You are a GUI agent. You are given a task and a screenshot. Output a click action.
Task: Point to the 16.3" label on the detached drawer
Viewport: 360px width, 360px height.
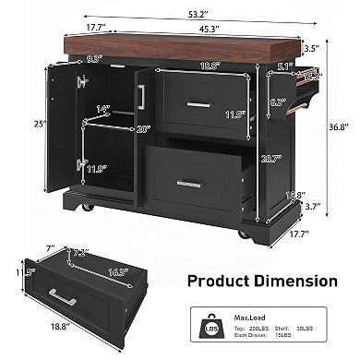[117, 270]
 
